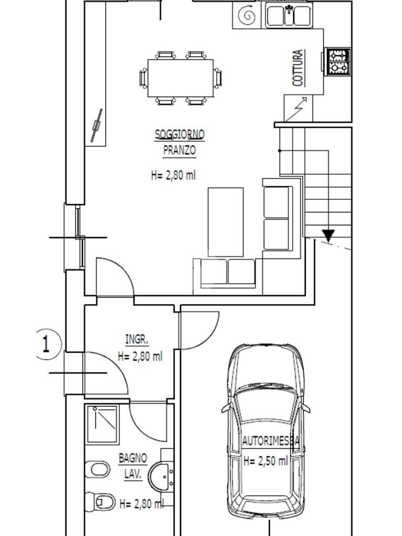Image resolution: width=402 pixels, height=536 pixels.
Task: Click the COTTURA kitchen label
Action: point(298,68)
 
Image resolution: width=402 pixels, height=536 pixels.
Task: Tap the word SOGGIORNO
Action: point(180,135)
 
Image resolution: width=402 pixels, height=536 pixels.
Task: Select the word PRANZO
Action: point(180,150)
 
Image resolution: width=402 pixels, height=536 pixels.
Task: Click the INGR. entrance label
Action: point(137,339)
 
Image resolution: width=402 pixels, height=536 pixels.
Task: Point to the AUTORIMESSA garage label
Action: point(271,441)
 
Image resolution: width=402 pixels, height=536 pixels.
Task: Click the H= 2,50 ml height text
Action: point(265,461)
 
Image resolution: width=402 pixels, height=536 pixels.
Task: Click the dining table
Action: point(181,79)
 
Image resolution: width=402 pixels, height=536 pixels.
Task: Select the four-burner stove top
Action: point(339,62)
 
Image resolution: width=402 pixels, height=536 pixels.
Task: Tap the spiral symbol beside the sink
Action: point(248,16)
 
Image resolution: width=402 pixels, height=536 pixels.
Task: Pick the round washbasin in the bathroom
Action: point(161,476)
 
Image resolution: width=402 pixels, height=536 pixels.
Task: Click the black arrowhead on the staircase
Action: point(329,236)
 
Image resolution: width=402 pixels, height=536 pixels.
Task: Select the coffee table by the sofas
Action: point(226,222)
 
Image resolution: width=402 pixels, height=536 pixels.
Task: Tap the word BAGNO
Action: point(133,459)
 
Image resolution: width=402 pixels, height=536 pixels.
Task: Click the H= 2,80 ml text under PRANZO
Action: point(173,175)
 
